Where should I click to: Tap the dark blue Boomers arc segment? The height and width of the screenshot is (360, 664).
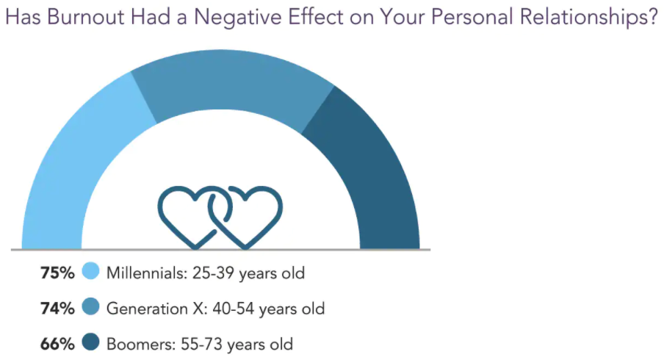coord(372,170)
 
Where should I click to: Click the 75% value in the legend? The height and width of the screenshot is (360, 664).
coord(57,273)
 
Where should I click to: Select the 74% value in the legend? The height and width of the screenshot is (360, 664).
coord(57,309)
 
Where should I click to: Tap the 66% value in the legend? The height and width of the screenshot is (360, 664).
coord(57,345)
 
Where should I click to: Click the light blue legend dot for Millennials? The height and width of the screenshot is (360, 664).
coord(90,271)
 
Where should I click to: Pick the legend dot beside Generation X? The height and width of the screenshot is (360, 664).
coord(90,306)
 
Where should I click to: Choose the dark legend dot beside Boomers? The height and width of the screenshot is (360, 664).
coord(90,342)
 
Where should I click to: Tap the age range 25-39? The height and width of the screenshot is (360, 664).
coord(214,273)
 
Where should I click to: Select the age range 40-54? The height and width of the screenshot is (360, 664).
coord(234,309)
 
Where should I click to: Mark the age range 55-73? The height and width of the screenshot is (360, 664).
coord(201,345)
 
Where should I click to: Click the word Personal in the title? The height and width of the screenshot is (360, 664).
coord(472,17)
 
